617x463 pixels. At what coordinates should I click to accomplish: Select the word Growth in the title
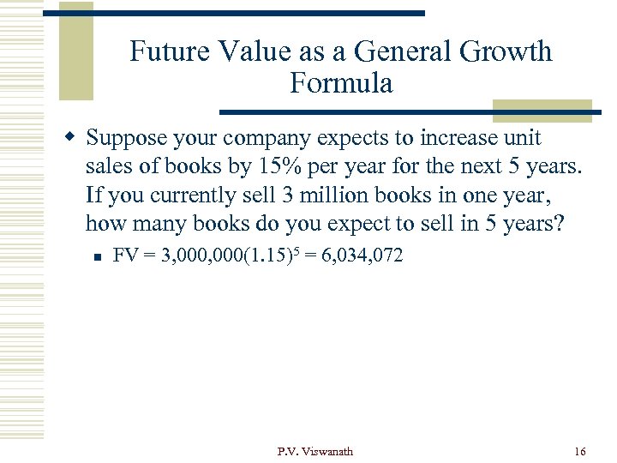click(506, 51)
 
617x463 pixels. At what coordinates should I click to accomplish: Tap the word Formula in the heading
click(341, 83)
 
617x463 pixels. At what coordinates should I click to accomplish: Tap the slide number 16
click(578, 451)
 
